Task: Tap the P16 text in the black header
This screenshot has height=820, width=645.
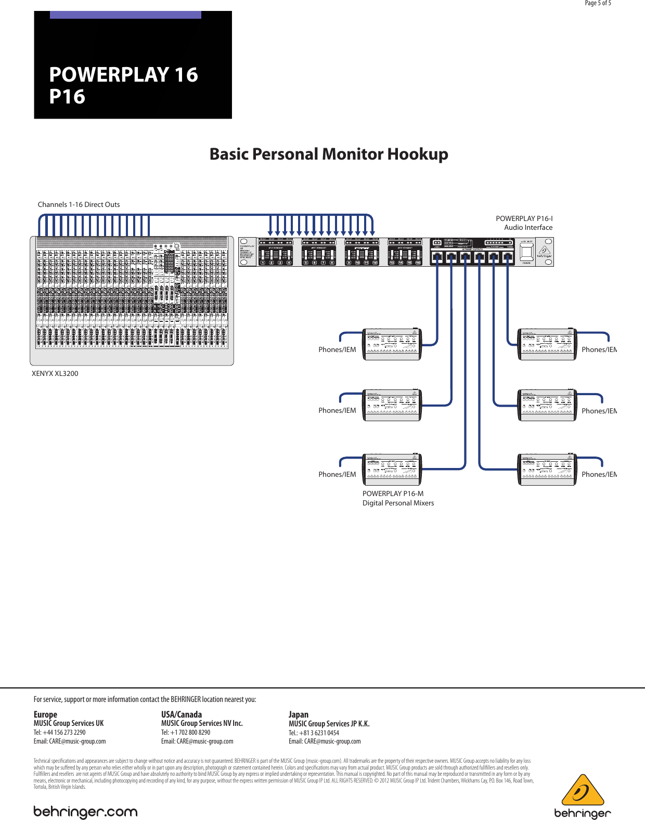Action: (x=67, y=97)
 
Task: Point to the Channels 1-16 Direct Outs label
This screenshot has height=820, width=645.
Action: (x=79, y=204)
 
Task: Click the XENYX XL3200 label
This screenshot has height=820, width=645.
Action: (x=55, y=373)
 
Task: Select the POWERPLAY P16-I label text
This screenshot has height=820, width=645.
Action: (x=524, y=218)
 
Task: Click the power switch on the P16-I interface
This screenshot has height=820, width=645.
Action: (x=526, y=252)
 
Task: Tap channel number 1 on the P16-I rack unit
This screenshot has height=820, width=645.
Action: (x=263, y=263)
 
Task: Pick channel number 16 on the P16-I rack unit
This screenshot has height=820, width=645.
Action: (x=418, y=263)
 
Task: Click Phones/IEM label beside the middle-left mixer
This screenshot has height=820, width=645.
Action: (x=337, y=410)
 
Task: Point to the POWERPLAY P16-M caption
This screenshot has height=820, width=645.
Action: (x=393, y=493)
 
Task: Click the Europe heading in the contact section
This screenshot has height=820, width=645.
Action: (x=45, y=714)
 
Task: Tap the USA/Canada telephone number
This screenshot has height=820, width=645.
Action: (x=186, y=732)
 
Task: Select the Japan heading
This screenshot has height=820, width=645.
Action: (x=299, y=714)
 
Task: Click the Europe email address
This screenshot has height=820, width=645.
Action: (x=70, y=741)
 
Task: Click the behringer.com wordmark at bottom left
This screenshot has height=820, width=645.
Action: (x=85, y=812)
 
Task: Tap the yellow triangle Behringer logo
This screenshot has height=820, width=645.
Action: (x=583, y=790)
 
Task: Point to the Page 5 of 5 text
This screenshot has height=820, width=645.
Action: (x=598, y=3)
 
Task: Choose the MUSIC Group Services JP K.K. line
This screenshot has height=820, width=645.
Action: (x=329, y=723)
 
